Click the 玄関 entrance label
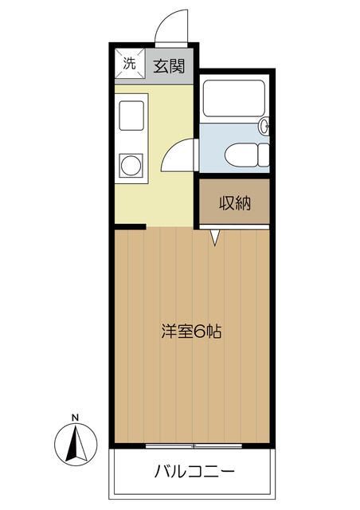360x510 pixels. click(x=169, y=66)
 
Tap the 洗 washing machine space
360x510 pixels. click(x=130, y=64)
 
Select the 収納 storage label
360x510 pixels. click(x=235, y=204)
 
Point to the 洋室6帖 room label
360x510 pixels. click(x=191, y=331)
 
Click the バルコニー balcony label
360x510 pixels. click(x=194, y=472)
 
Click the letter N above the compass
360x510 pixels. click(x=75, y=418)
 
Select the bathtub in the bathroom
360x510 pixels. click(x=233, y=98)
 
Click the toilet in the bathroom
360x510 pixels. click(x=247, y=155)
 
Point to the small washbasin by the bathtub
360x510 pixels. click(x=264, y=126)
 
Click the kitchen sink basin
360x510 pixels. click(x=131, y=116)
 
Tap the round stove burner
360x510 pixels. click(x=131, y=166)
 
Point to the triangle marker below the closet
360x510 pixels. click(x=214, y=237)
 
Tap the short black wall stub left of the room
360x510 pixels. click(x=130, y=226)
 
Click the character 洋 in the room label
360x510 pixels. click(x=169, y=331)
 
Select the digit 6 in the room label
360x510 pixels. click(x=198, y=331)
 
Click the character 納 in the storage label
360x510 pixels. click(x=243, y=204)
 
